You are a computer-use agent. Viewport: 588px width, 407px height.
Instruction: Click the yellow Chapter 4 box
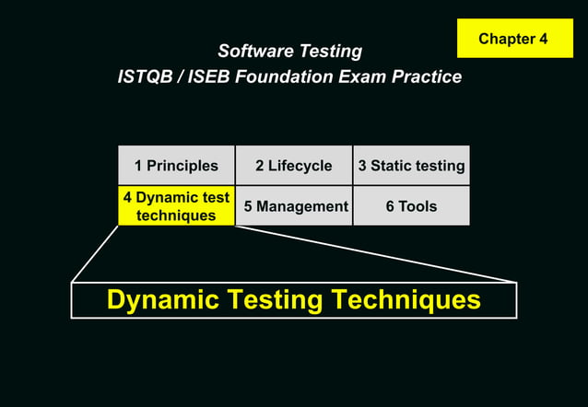(x=514, y=39)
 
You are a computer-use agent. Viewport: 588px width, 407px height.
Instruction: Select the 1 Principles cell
(x=176, y=166)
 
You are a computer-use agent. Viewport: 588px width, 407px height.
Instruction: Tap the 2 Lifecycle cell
(x=293, y=166)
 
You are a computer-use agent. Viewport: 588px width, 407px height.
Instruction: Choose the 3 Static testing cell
(x=411, y=166)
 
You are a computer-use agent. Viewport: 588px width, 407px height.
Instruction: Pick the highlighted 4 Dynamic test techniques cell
(x=176, y=206)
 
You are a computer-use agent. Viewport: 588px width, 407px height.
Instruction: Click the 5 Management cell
(x=293, y=206)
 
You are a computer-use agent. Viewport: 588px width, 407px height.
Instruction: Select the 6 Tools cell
(x=411, y=206)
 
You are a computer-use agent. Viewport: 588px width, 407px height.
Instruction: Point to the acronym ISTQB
(x=146, y=77)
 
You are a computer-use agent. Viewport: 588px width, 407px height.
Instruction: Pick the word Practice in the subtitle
(x=427, y=77)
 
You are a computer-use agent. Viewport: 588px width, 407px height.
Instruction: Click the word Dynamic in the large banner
(x=162, y=299)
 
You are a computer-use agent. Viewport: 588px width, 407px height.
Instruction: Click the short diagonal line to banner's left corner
(x=95, y=253)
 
